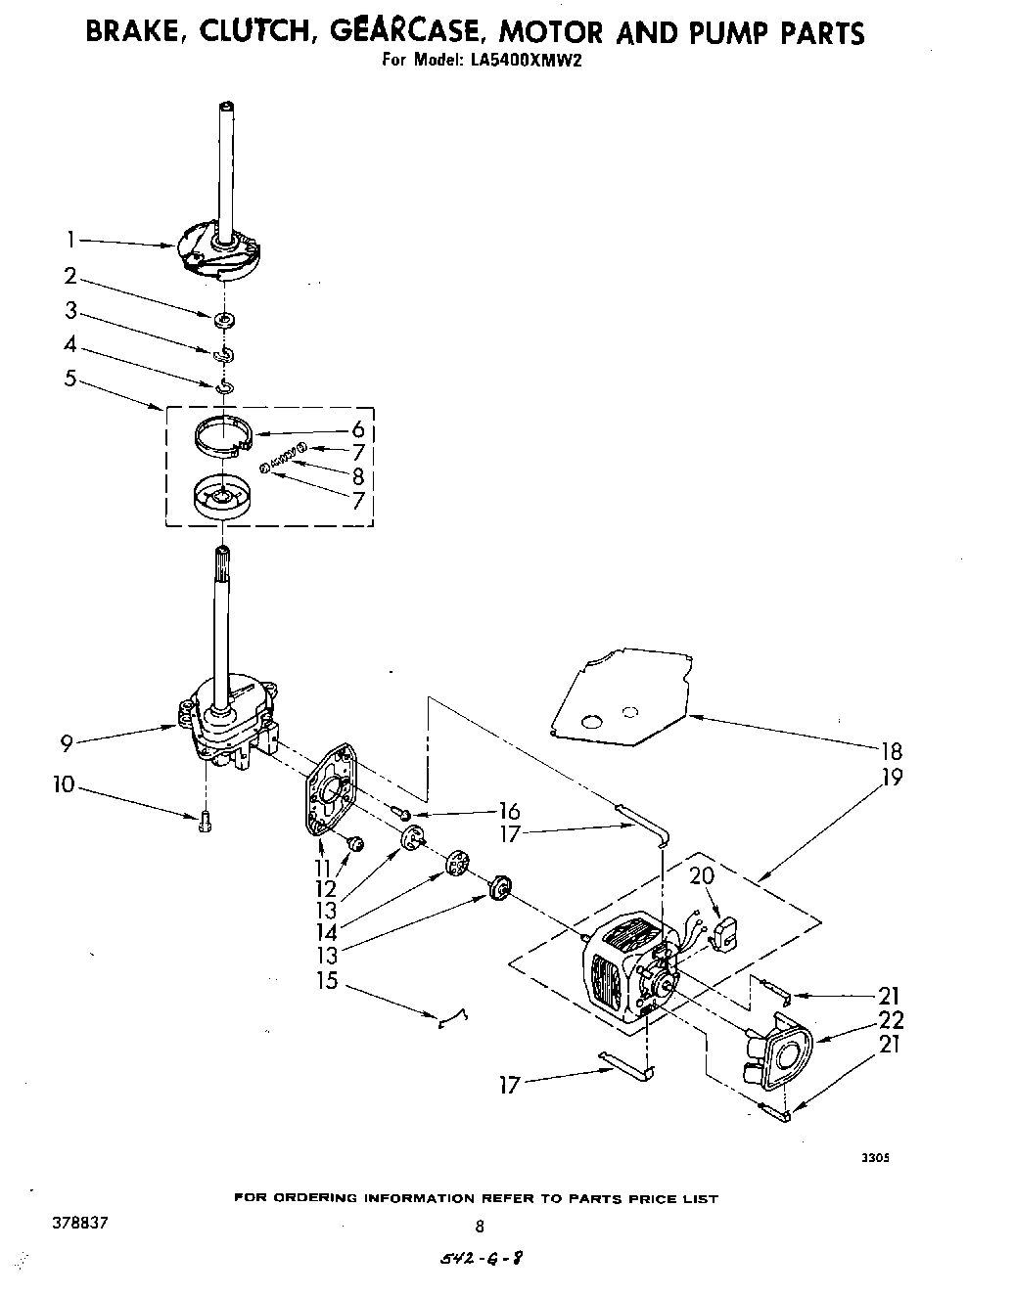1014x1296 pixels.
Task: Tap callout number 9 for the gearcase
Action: point(67,743)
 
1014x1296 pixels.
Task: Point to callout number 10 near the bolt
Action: point(64,784)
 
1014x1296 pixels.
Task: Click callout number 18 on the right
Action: point(891,751)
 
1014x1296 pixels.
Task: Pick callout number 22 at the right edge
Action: point(891,1020)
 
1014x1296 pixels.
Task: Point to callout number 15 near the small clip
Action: point(326,980)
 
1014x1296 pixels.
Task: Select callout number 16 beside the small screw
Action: point(508,811)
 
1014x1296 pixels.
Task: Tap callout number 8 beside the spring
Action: point(358,476)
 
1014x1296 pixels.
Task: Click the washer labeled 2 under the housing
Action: point(225,320)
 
